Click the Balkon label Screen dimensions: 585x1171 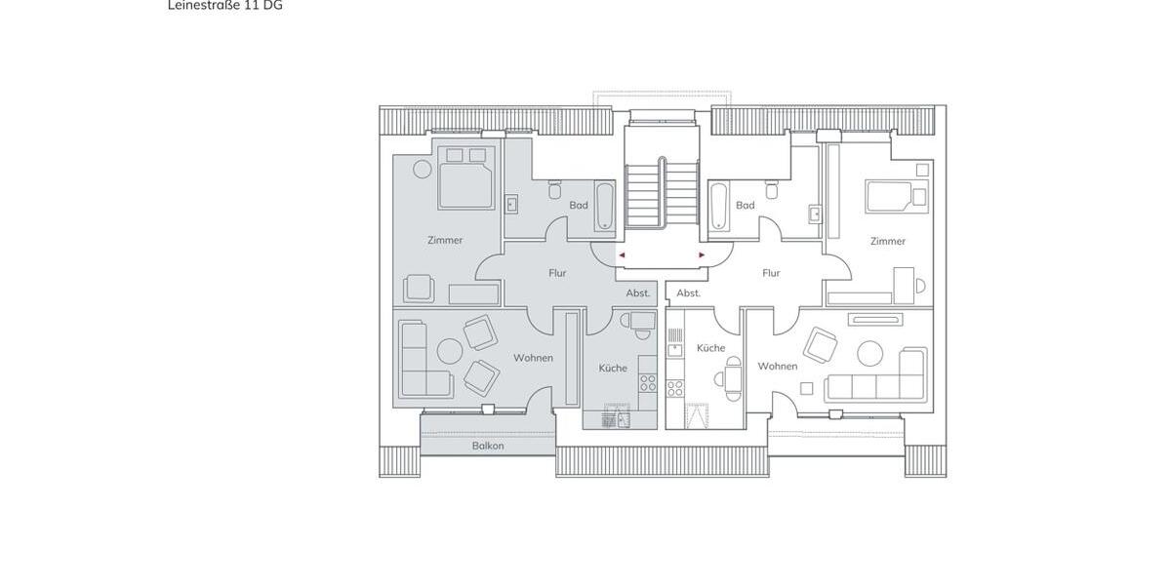tap(488, 446)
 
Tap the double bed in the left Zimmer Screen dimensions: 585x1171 tap(465, 178)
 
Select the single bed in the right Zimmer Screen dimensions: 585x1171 tap(894, 196)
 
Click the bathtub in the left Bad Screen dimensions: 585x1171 tap(605, 206)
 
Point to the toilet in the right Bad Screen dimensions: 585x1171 tap(772, 189)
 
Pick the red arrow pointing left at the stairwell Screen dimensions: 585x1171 tap(622, 255)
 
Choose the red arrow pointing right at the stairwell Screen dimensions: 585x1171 tap(702, 255)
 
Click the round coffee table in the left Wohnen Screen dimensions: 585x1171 tap(449, 351)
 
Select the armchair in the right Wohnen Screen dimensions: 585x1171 tap(821, 344)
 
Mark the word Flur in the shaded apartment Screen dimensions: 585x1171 tap(557, 273)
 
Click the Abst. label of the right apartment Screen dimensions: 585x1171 tap(689, 292)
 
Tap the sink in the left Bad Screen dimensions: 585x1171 tap(512, 205)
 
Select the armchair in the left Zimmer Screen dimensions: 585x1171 tap(420, 289)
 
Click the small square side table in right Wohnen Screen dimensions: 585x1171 tap(806, 388)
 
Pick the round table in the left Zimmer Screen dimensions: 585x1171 tap(422, 169)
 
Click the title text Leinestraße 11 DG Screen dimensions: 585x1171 tap(225, 5)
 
